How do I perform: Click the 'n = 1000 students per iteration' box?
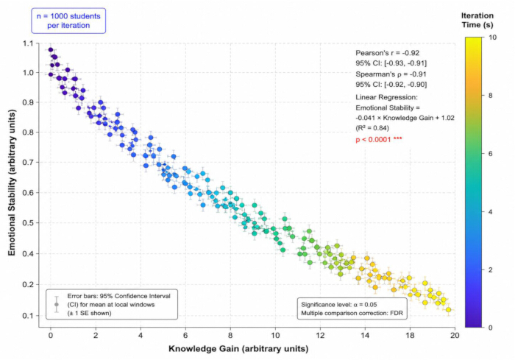coord(68,21)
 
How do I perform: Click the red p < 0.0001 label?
coord(379,139)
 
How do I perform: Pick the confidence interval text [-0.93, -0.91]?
coord(405,63)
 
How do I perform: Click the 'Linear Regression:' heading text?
coord(386,97)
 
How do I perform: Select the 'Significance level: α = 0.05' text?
coord(339,305)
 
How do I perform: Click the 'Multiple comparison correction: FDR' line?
coord(352,313)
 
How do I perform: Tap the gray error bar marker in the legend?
coord(57,305)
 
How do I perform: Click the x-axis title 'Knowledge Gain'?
coord(238,349)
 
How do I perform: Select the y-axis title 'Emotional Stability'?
coord(12,183)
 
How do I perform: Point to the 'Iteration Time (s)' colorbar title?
coord(477,20)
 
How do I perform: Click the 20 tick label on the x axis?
coord(455,336)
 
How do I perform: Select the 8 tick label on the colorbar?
coord(491,96)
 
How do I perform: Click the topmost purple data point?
coord(51,49)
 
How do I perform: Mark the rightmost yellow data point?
coord(448,310)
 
